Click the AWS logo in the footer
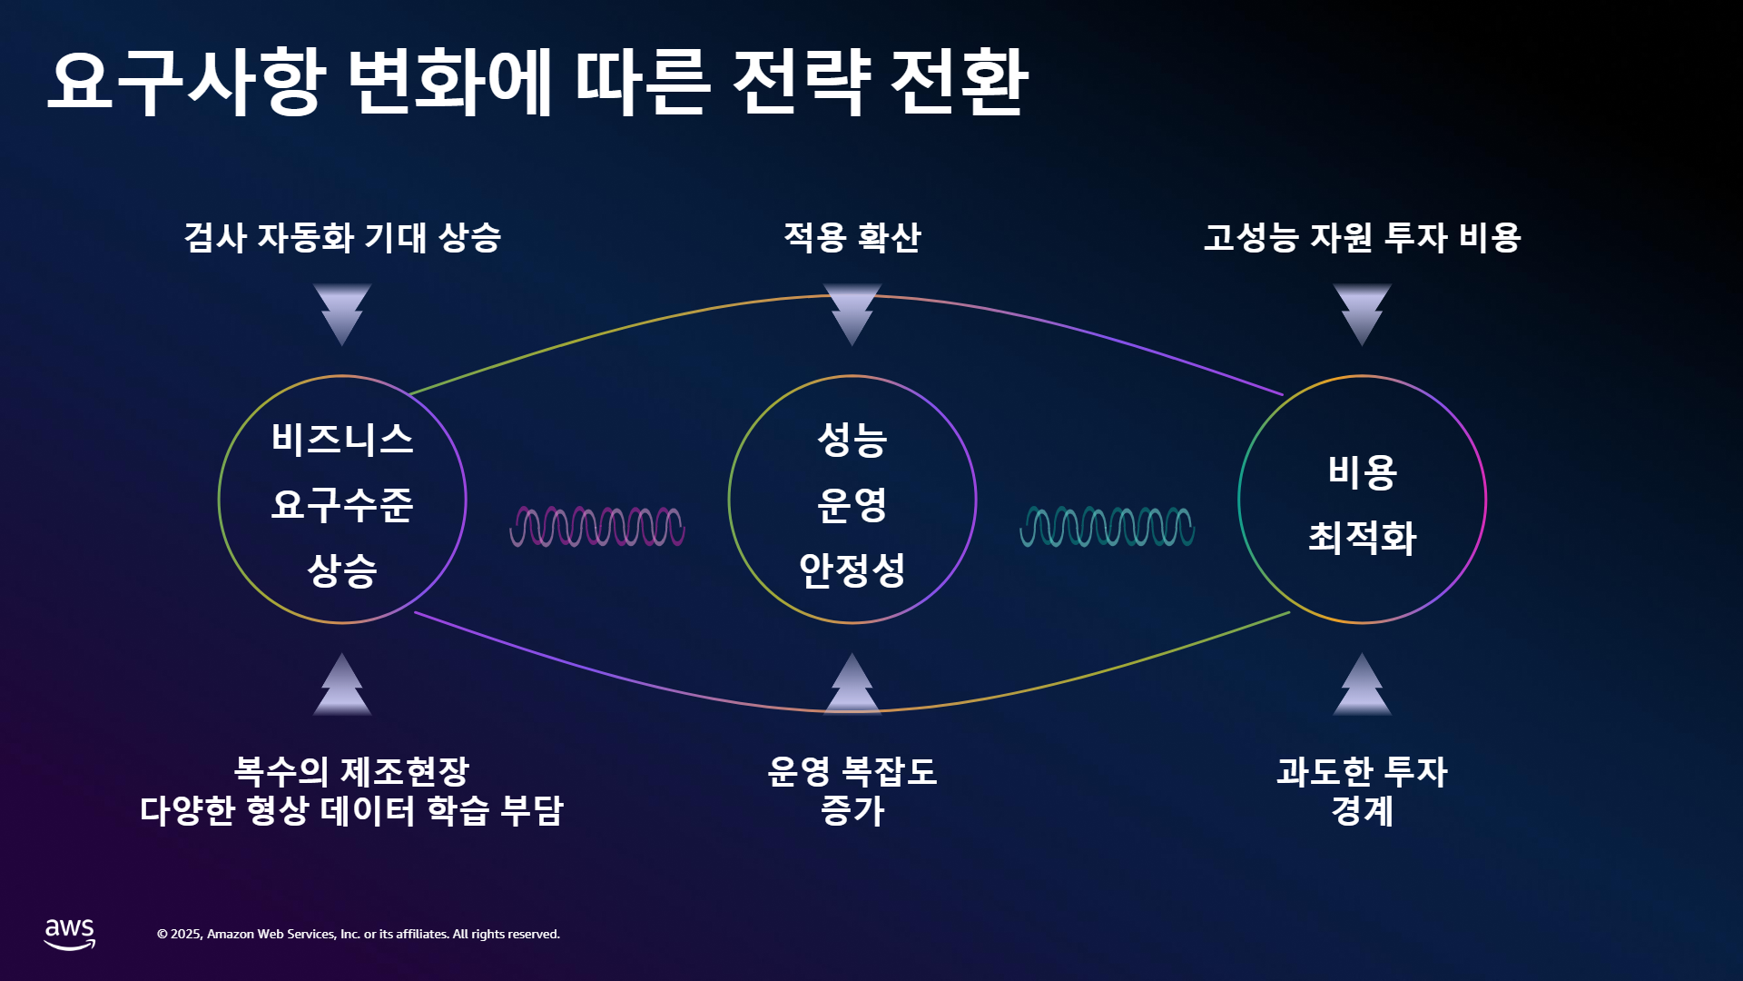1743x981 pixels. (70, 934)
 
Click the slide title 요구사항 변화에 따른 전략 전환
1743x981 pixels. (537, 83)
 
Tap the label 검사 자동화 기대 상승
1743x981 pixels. (342, 237)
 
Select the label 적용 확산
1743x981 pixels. (852, 237)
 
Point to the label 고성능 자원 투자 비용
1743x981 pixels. (1362, 237)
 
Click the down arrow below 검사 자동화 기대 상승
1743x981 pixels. (342, 314)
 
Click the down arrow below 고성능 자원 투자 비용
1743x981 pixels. (1362, 314)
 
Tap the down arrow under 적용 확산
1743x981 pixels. (852, 314)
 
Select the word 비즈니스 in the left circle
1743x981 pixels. (342, 440)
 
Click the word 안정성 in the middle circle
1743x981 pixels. (852, 570)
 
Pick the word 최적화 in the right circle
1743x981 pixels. (1362, 537)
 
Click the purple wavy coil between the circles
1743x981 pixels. (597, 527)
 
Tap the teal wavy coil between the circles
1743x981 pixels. (1108, 527)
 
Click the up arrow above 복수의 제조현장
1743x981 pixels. (342, 684)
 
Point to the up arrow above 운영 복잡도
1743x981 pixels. (852, 684)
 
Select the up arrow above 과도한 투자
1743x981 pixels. (1362, 684)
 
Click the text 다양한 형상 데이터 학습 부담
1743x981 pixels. (351, 810)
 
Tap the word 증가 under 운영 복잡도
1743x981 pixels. (852, 810)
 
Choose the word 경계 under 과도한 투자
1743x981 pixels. (1362, 810)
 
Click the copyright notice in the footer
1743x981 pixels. (359, 934)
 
